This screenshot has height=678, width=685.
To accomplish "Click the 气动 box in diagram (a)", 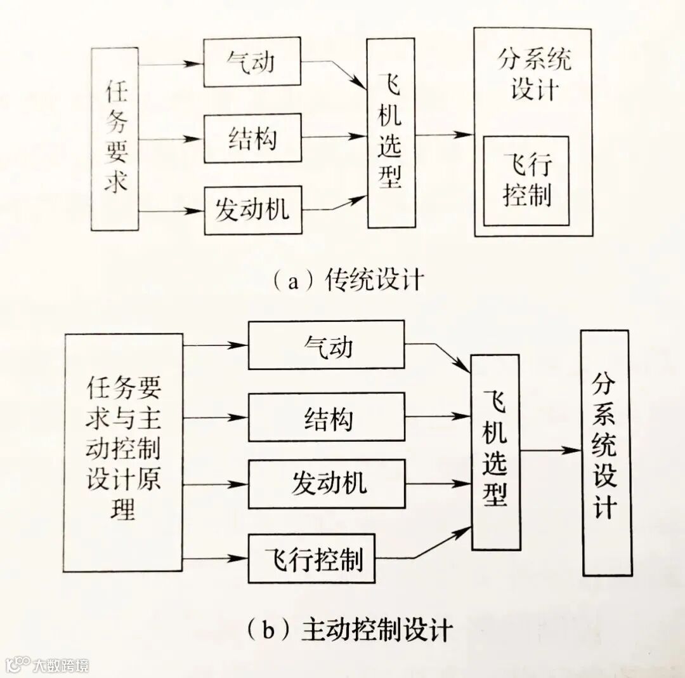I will coord(252,62).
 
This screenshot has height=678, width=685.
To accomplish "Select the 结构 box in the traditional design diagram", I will coord(252,138).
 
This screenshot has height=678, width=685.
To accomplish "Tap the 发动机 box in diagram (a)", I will coord(252,210).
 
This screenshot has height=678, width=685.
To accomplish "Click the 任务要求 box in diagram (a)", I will coord(115,138).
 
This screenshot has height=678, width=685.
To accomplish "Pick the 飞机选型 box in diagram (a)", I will coord(391,133).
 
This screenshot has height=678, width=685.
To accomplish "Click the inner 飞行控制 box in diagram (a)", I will coord(526,181).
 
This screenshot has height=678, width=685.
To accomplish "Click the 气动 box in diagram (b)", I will coord(326,345).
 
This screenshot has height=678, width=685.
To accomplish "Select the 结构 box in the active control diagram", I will coord(326,417).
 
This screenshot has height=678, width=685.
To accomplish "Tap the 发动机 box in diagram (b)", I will coord(326,484).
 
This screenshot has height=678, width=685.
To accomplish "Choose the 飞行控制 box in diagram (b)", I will coord(311,559).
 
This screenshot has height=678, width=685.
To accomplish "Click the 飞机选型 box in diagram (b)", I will coord(495,452).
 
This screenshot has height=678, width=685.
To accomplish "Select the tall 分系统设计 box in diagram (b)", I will coord(606,453).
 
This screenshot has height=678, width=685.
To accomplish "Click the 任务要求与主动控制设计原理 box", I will coord(124,453).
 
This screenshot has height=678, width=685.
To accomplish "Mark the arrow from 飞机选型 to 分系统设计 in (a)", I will coord(445,134).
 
